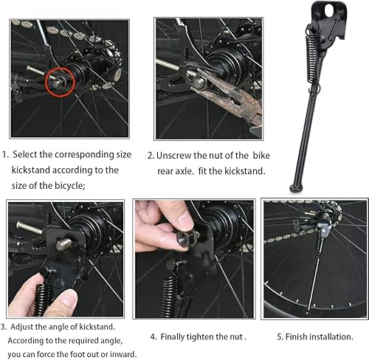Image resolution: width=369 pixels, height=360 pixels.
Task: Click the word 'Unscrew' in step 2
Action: tap(176, 155)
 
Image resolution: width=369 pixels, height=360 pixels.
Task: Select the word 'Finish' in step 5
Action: tap(292, 336)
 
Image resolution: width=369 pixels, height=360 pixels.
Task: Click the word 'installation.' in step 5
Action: tap(330, 336)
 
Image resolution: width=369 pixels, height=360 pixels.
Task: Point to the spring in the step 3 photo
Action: tap(41, 295)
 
